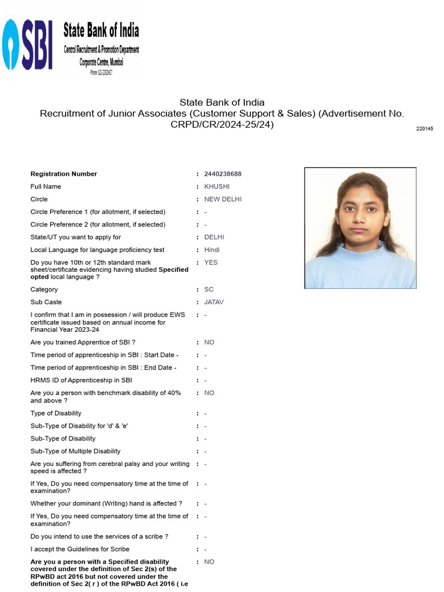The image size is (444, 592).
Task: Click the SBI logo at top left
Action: pyautogui.click(x=28, y=45)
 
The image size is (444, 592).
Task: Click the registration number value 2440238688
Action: pyautogui.click(x=223, y=174)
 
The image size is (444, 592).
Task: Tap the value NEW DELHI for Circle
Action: pyautogui.click(x=223, y=199)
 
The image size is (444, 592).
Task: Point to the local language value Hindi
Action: pyautogui.click(x=212, y=250)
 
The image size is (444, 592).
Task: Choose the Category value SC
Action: pyautogui.click(x=209, y=289)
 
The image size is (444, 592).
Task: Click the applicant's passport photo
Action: pyautogui.click(x=360, y=228)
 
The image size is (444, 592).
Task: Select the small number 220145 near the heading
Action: pyautogui.click(x=424, y=128)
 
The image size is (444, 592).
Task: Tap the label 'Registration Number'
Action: pyautogui.click(x=64, y=174)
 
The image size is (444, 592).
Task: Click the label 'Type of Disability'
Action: pyautogui.click(x=56, y=413)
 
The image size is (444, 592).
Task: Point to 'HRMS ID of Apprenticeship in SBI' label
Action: pyautogui.click(x=81, y=380)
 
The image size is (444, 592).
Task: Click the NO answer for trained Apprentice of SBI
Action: pyautogui.click(x=209, y=342)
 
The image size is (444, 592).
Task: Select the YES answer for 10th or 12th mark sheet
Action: pyautogui.click(x=210, y=262)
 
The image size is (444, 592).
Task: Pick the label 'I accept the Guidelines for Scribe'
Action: pyautogui.click(x=80, y=549)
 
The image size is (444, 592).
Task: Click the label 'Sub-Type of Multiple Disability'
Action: pyautogui.click(x=76, y=451)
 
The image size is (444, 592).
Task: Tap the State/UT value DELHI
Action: pyautogui.click(x=214, y=237)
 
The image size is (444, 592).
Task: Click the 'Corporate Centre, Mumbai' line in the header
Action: pyautogui.click(x=101, y=62)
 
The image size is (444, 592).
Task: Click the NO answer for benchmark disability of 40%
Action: pyautogui.click(x=209, y=393)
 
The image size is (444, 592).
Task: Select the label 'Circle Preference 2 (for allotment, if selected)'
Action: pyautogui.click(x=98, y=224)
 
